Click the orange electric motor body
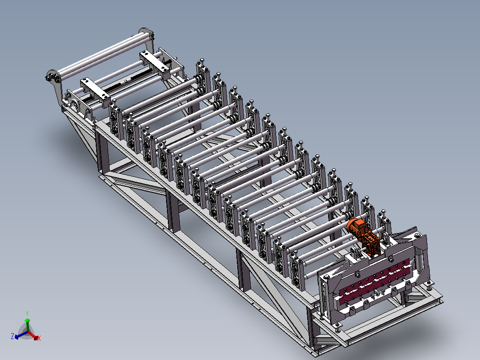tap(356, 227)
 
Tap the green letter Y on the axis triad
tap(27, 314)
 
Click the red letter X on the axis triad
tap(39, 338)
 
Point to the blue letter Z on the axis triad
tap(12, 336)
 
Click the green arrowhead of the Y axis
tap(27, 320)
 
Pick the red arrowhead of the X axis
tap(36, 338)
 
